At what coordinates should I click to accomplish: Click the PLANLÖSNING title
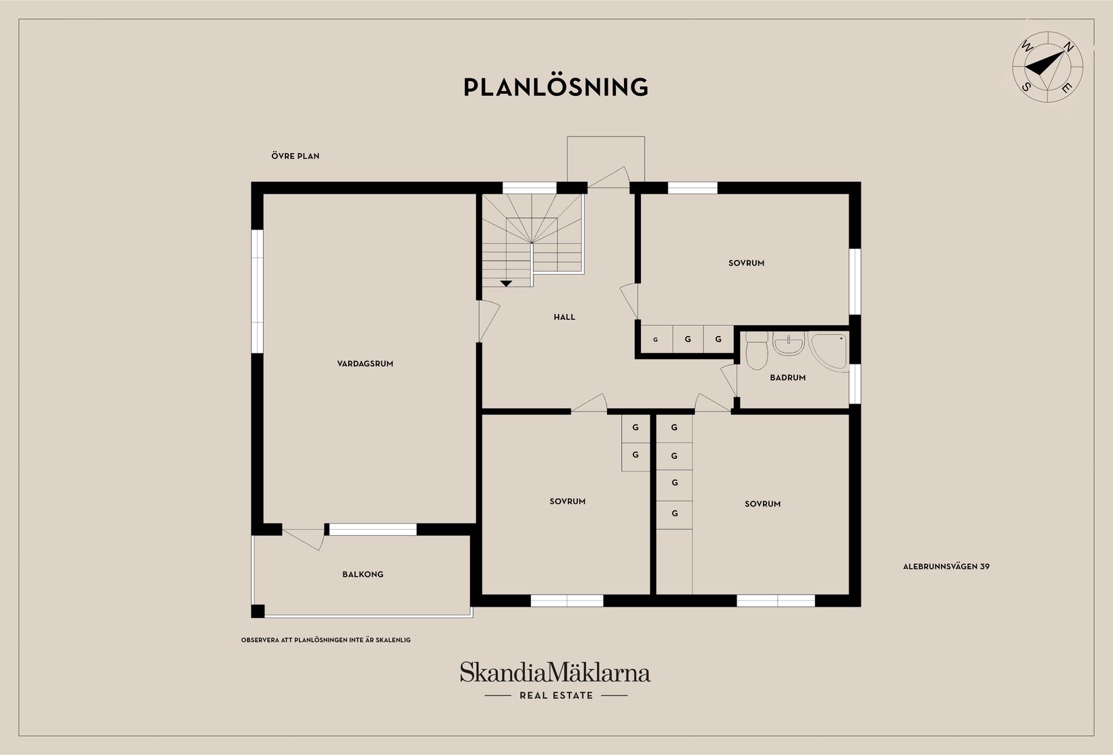556,88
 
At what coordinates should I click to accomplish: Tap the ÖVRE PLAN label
295,156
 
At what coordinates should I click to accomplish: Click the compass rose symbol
1048,66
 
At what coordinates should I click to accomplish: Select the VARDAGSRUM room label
365,364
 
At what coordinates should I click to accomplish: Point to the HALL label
565,317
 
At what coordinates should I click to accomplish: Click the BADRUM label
788,378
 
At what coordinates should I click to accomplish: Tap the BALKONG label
363,575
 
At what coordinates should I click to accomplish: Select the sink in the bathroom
788,345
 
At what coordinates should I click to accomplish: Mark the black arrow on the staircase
507,283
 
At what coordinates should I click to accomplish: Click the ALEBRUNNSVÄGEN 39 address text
946,567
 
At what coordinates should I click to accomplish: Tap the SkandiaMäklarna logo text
555,673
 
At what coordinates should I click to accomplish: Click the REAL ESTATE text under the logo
556,696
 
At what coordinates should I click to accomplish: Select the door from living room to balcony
304,538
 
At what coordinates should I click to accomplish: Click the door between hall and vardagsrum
488,321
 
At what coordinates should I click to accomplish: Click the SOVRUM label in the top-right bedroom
746,263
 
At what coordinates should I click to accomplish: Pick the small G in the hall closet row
655,340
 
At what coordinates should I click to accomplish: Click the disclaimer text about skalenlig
326,640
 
